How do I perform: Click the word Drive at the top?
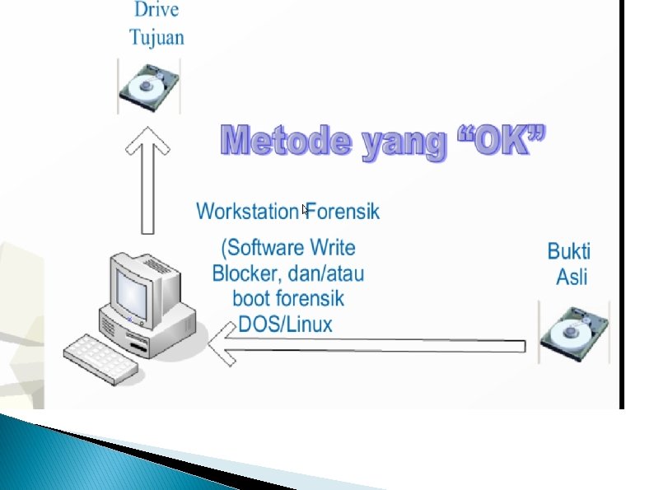pyautogui.click(x=155, y=12)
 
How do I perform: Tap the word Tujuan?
pyautogui.click(x=156, y=37)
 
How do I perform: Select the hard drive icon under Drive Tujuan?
pyautogui.click(x=148, y=86)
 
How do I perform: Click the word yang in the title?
pyautogui.click(x=399, y=144)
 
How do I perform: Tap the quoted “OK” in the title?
pyautogui.click(x=500, y=142)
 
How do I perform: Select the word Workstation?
pyautogui.click(x=247, y=212)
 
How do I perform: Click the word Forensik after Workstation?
pyautogui.click(x=343, y=212)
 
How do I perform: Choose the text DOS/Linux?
pyautogui.click(x=285, y=324)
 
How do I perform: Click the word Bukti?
pyautogui.click(x=569, y=250)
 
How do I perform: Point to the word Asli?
pyautogui.click(x=572, y=277)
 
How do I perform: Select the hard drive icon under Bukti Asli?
pyautogui.click(x=574, y=333)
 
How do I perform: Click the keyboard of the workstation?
pyautogui.click(x=100, y=357)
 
